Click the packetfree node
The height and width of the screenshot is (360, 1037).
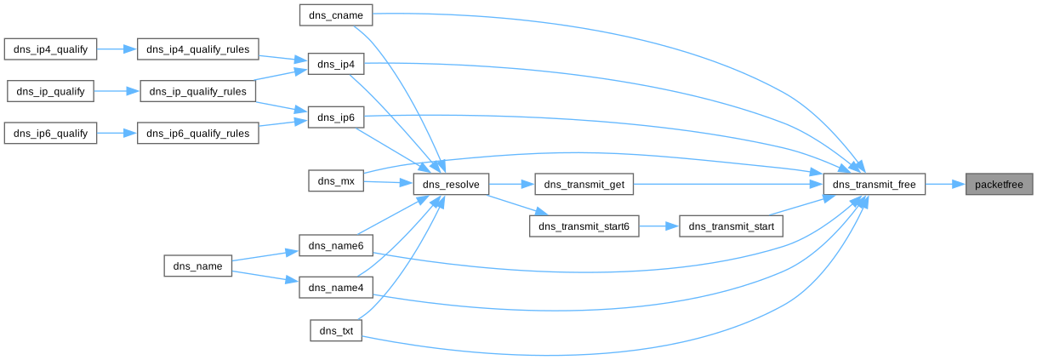(1000, 184)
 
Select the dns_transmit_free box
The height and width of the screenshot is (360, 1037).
(874, 184)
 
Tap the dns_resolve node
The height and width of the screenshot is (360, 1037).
(451, 184)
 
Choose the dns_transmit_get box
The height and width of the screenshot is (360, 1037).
(584, 184)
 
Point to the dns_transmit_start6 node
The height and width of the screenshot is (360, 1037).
(584, 226)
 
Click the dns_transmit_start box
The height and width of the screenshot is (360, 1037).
(731, 226)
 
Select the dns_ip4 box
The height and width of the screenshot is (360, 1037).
(336, 65)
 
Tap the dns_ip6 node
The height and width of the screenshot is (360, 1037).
(336, 117)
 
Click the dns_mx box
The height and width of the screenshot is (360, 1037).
(336, 180)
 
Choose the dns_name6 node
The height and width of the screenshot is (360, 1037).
(336, 246)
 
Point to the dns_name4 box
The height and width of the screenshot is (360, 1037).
(336, 288)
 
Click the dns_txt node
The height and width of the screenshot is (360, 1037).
(336, 330)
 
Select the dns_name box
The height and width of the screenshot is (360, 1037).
(198, 266)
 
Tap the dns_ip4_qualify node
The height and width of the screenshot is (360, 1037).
(51, 49)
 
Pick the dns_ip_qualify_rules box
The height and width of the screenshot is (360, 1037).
(197, 91)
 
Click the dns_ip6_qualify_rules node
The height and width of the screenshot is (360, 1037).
(197, 134)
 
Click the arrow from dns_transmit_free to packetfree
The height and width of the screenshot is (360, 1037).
(945, 184)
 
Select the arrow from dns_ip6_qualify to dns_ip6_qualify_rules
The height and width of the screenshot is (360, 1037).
(117, 134)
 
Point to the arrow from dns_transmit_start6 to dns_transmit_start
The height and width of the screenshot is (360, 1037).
(658, 226)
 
